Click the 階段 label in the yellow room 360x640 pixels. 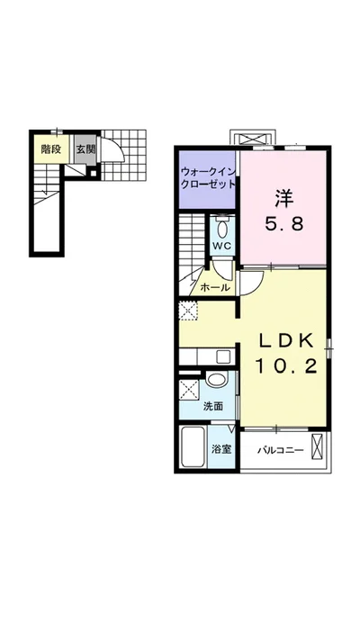[51, 149]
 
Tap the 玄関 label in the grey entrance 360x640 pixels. [86, 149]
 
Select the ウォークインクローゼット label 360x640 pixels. [209, 178]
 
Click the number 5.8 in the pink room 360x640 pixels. [284, 223]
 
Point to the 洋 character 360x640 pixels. [284, 200]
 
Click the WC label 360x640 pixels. [221, 246]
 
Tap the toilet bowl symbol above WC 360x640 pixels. [222, 228]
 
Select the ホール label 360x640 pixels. [215, 287]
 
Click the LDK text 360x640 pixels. [284, 341]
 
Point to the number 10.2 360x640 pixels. [286, 367]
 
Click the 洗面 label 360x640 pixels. [213, 406]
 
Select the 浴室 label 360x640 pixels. [221, 449]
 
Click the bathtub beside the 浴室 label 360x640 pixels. [193, 447]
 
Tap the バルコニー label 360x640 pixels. [281, 451]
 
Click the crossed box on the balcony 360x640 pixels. [317, 446]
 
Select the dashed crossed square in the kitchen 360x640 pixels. [189, 311]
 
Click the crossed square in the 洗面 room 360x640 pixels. [189, 389]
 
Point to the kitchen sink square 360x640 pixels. [223, 356]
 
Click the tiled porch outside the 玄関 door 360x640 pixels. [123, 155]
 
